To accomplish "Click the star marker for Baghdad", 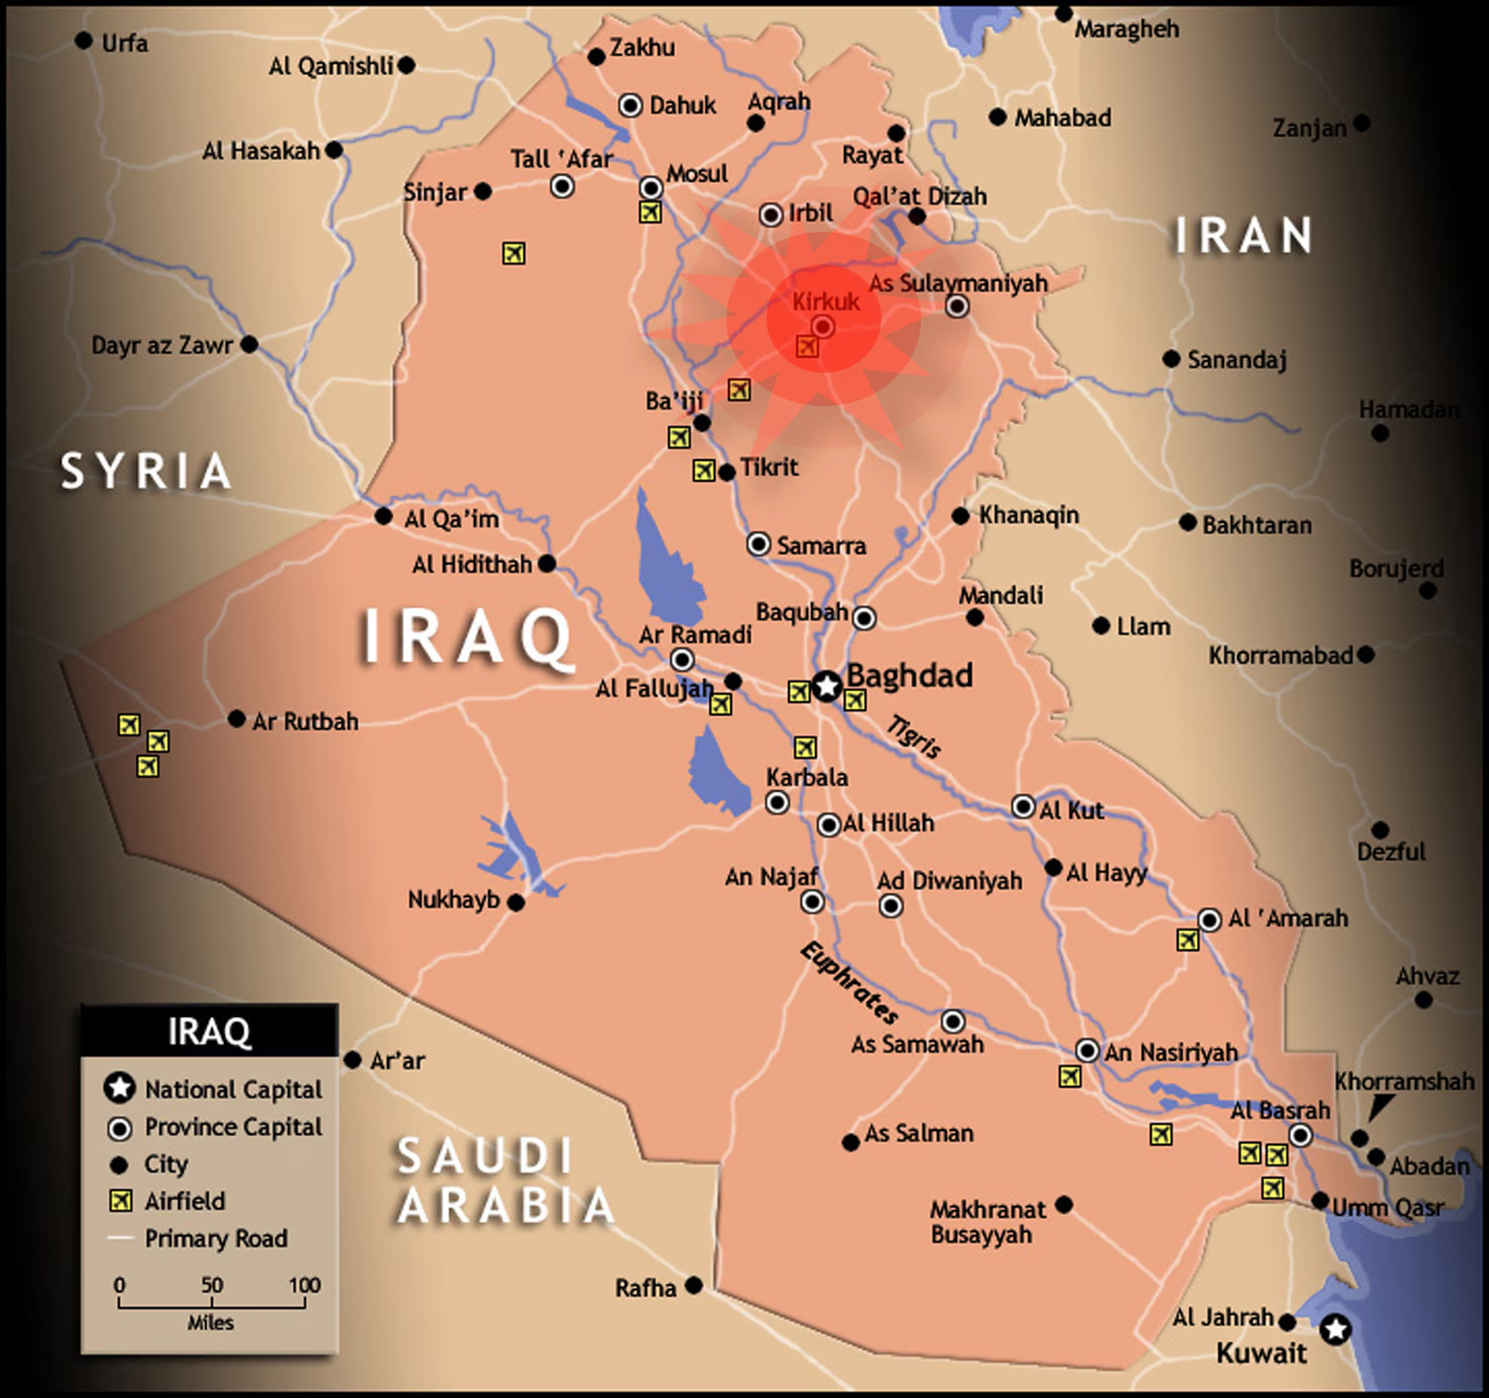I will click(827, 685).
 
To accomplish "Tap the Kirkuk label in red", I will click(826, 301).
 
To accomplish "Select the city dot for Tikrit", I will click(727, 473).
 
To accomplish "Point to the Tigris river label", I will click(914, 736).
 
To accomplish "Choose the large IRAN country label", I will click(1243, 235).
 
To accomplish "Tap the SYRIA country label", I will click(145, 471).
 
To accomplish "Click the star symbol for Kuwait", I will click(1336, 1329).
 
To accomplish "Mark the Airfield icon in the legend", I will click(120, 1201).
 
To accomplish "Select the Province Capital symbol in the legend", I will click(120, 1129).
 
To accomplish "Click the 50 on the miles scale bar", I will click(212, 1285).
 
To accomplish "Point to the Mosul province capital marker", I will click(651, 187).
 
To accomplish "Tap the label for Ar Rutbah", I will click(305, 722).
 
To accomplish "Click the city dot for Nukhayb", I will click(516, 903).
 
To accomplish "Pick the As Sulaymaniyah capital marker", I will click(957, 306).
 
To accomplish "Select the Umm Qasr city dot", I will click(1321, 1201).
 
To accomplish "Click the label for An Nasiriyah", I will click(1170, 1052).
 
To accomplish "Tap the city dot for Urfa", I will click(84, 40).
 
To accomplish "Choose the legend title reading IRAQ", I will click(209, 1031).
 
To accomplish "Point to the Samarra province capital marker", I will click(758, 543).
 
